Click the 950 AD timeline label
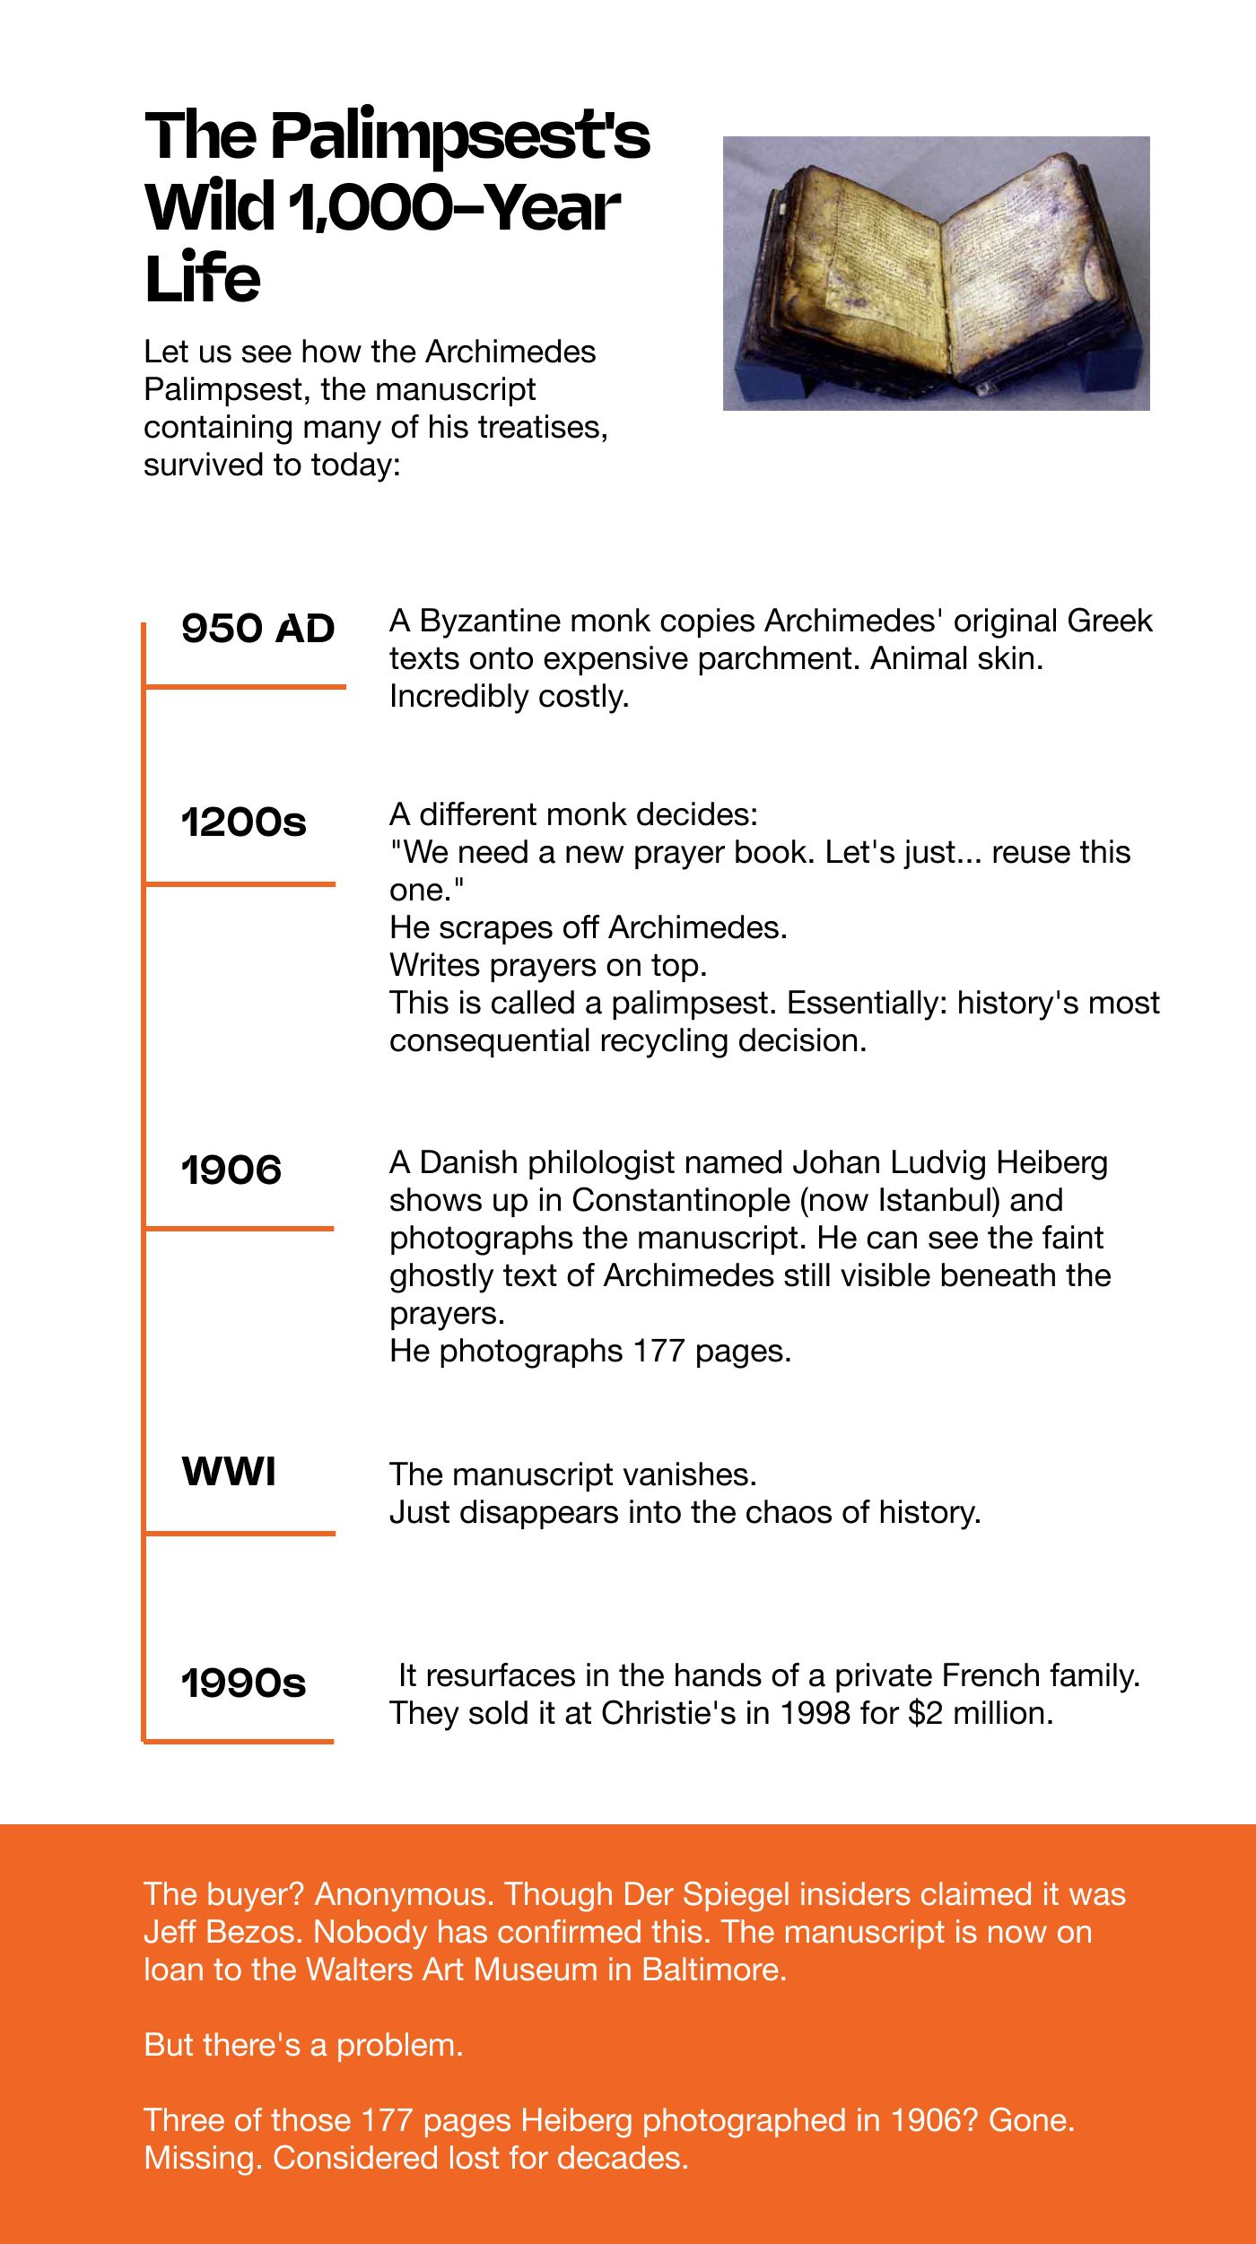tap(257, 629)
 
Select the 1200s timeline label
tap(243, 822)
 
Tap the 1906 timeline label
tap(231, 1170)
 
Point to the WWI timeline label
tap(229, 1472)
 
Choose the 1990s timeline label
tap(243, 1683)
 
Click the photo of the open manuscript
tap(936, 274)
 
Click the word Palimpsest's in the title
tap(460, 137)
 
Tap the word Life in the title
tap(203, 279)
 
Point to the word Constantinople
tap(681, 1200)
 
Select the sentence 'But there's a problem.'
tap(303, 2045)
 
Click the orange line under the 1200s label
tap(240, 884)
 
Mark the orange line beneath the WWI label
tap(240, 1534)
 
